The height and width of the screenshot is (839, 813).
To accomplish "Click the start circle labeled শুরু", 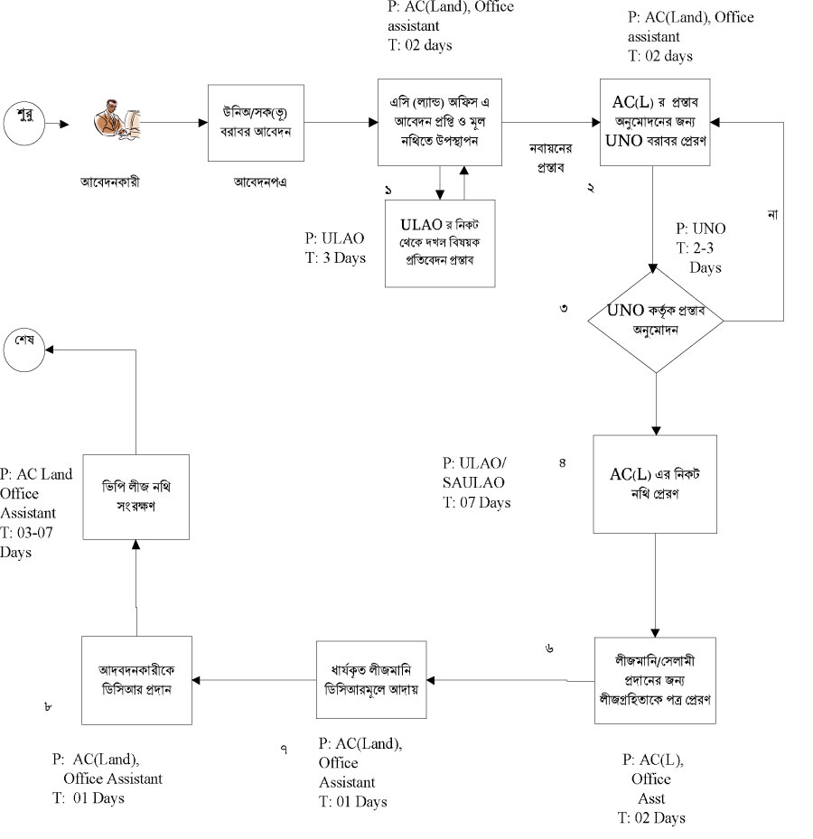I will tap(23, 122).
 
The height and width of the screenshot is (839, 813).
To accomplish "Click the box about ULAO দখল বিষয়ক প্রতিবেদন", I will tap(440, 242).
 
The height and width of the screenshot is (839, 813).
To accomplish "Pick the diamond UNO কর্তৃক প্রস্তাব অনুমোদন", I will tap(656, 318).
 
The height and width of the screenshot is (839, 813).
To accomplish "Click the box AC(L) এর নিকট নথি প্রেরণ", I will tap(655, 483).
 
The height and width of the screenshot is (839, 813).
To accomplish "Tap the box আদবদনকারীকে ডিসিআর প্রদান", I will tap(136, 679).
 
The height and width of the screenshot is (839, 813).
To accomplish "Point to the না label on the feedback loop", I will tap(772, 215).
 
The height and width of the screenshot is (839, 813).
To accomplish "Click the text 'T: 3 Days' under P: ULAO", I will tap(336, 257).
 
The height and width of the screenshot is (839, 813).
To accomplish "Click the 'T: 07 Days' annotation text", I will tap(476, 502).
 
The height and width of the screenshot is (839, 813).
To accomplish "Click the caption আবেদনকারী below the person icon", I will tap(109, 181).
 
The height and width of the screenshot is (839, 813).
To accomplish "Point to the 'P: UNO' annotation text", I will tap(701, 228).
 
